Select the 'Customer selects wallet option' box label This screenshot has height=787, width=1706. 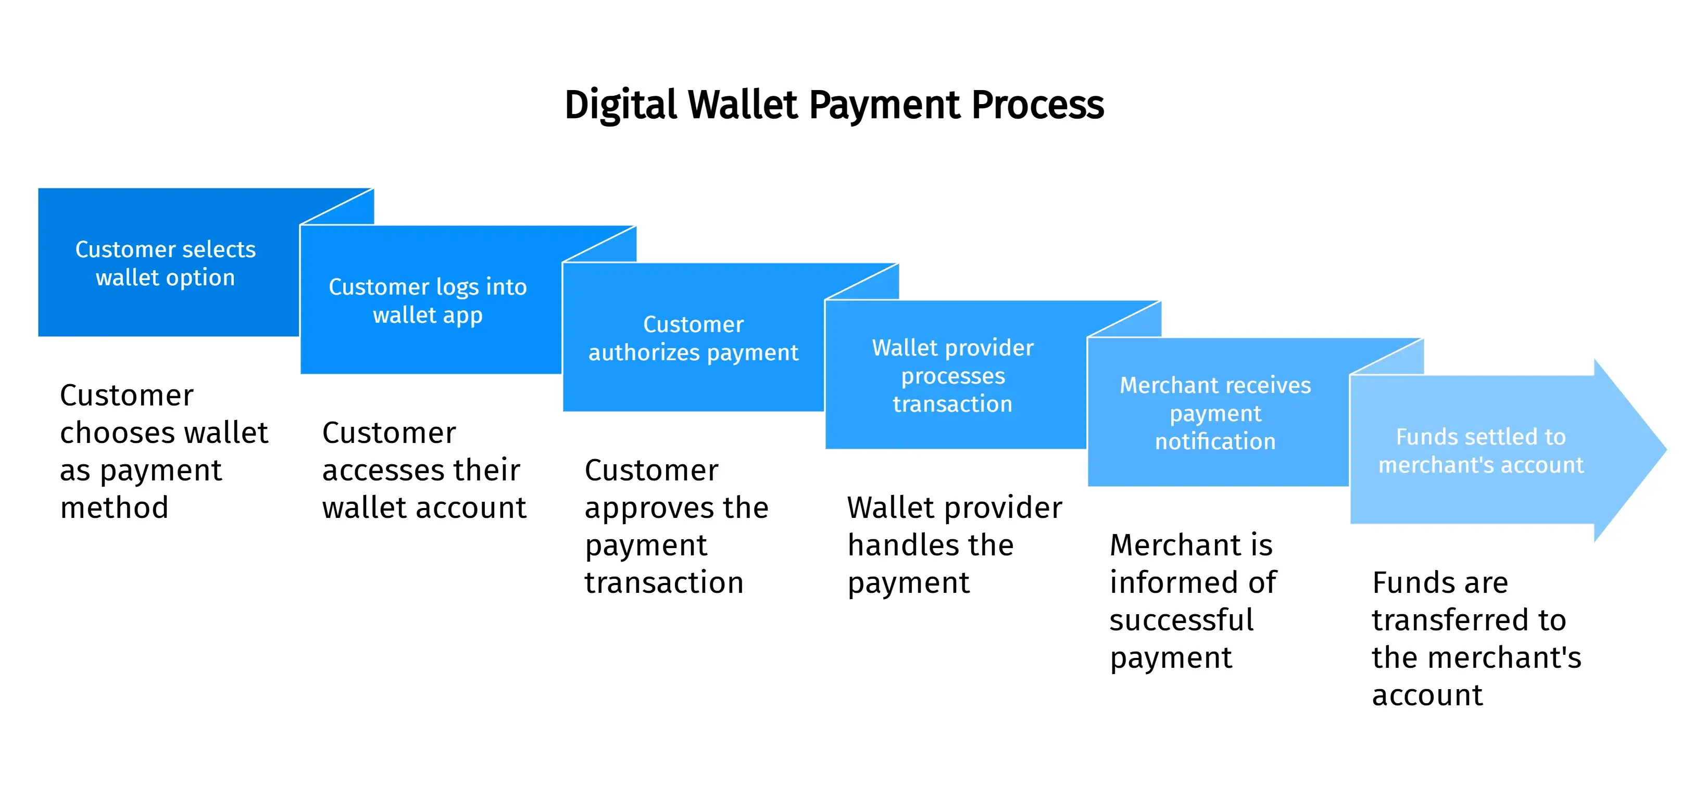coord(165,263)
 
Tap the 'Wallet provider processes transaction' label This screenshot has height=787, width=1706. coord(952,375)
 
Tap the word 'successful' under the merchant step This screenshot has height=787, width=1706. coord(1181,621)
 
